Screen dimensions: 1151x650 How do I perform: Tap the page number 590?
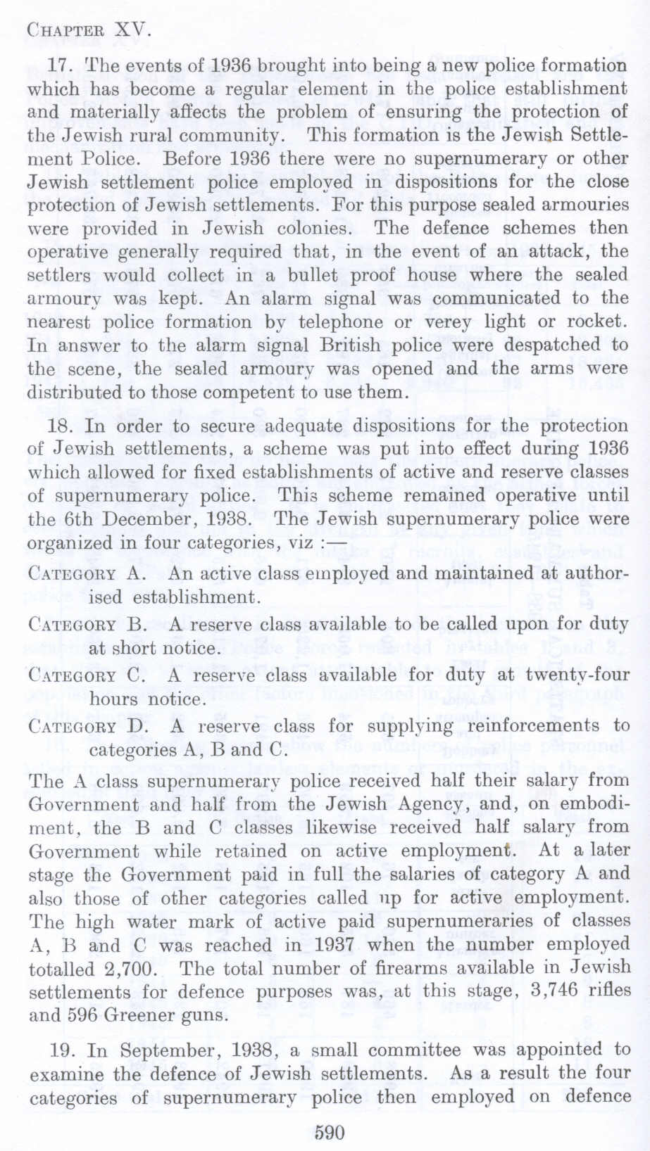(x=329, y=1132)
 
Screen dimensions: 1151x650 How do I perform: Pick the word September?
(x=169, y=1050)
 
